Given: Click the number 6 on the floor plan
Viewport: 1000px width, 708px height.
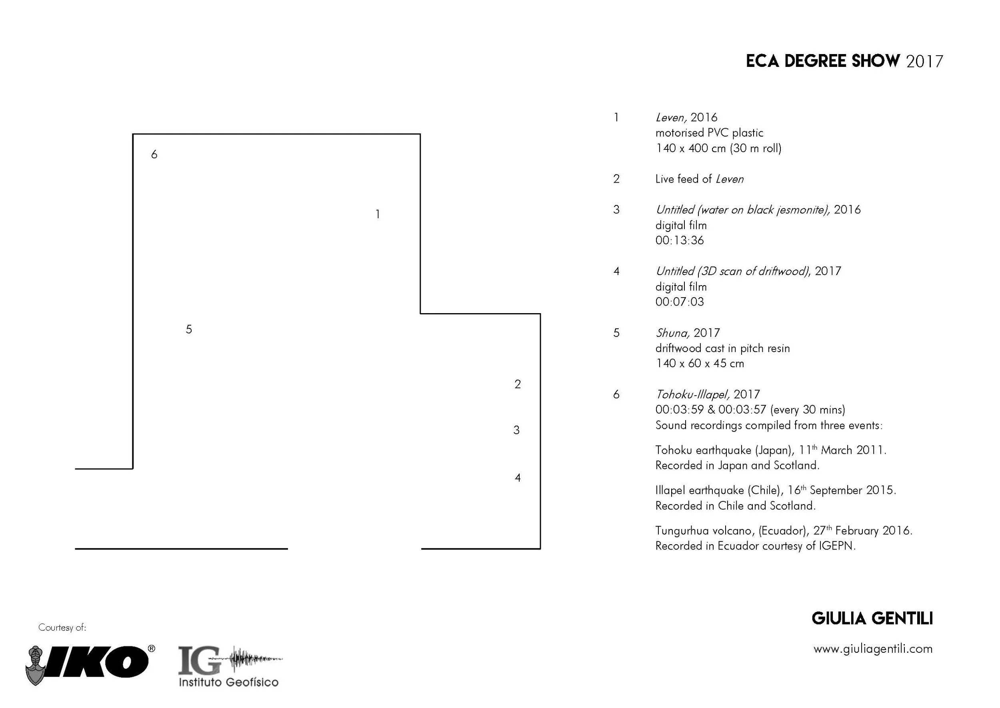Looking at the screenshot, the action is (154, 154).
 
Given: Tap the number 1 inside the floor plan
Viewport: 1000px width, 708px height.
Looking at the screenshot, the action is (378, 214).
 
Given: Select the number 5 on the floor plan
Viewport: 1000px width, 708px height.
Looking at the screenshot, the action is (188, 329).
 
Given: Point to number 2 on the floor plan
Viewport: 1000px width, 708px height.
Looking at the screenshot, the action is (518, 384).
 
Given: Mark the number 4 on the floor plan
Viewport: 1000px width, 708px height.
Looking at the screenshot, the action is (518, 478).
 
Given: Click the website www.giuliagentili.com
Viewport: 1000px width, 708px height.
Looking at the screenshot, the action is (872, 649).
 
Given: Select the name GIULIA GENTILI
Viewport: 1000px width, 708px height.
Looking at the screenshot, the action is (872, 619).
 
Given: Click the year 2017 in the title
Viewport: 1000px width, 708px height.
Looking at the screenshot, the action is (924, 62).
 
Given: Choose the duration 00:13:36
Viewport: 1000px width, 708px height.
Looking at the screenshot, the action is (680, 241).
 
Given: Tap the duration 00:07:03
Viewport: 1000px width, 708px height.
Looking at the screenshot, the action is (680, 302).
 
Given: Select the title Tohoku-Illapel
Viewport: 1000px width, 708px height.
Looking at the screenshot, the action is (692, 394).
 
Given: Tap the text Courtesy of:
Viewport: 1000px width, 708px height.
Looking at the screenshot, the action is (62, 628).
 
